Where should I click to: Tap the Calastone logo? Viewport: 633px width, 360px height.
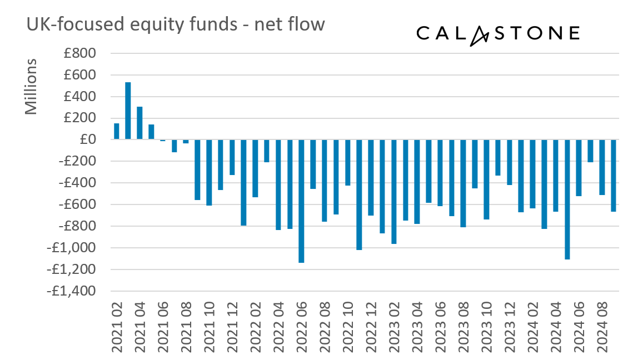[x=497, y=33]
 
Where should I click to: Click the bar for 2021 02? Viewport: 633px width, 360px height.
[x=117, y=131]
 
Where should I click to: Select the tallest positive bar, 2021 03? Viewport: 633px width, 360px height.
[x=128, y=111]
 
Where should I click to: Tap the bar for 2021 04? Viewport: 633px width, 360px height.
[x=139, y=123]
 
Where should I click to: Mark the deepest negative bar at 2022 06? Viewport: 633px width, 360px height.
[x=301, y=201]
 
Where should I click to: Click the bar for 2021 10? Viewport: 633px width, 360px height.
[x=209, y=172]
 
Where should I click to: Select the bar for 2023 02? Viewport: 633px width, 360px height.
[x=394, y=192]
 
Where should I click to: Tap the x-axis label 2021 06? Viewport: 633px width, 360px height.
[x=163, y=328]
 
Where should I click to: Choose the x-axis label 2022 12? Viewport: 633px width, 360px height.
[x=371, y=328]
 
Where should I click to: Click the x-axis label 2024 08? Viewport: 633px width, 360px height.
[x=602, y=328]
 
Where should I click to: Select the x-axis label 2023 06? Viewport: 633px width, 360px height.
[x=440, y=328]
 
